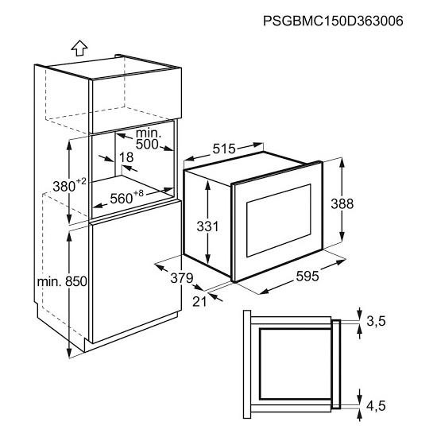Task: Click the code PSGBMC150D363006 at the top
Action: click(333, 21)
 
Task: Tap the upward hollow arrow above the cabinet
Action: click(79, 48)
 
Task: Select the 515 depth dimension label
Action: click(224, 149)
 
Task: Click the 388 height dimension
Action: click(342, 203)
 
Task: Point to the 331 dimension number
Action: click(208, 226)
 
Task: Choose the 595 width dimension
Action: click(307, 277)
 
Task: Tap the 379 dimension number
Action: click(182, 278)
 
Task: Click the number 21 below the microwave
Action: click(199, 302)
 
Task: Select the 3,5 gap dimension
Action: click(376, 321)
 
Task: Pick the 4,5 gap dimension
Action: click(376, 406)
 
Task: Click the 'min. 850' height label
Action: click(62, 281)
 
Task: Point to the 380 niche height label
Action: click(64, 187)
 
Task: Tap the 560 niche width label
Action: click(122, 199)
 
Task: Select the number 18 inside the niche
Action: click(126, 157)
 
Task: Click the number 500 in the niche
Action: click(147, 145)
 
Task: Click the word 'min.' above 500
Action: click(149, 133)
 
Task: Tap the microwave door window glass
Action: click(279, 220)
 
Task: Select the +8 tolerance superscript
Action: click(138, 193)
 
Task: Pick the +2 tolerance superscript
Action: click(81, 181)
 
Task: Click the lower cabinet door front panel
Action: click(137, 272)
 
